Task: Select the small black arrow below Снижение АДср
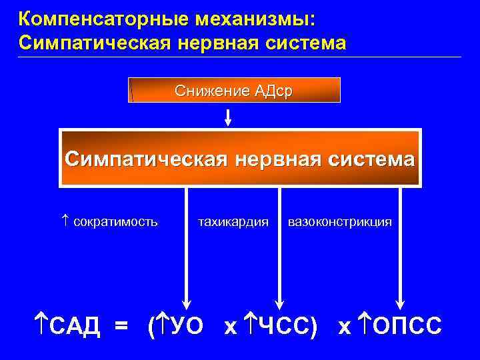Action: click(x=228, y=117)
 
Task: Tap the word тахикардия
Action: click(x=233, y=221)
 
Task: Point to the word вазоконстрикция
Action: click(x=339, y=221)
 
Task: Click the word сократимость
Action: click(x=115, y=221)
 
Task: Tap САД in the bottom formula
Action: click(x=74, y=326)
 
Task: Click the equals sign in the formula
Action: click(x=121, y=326)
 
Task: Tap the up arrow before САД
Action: click(x=42, y=326)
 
